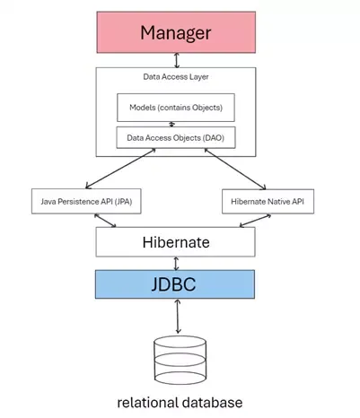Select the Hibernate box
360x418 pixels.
pos(176,242)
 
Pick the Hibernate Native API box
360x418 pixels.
pos(268,202)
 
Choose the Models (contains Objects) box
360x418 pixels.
pos(176,108)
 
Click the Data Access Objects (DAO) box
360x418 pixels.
pos(176,139)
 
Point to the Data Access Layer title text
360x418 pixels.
pos(176,78)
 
